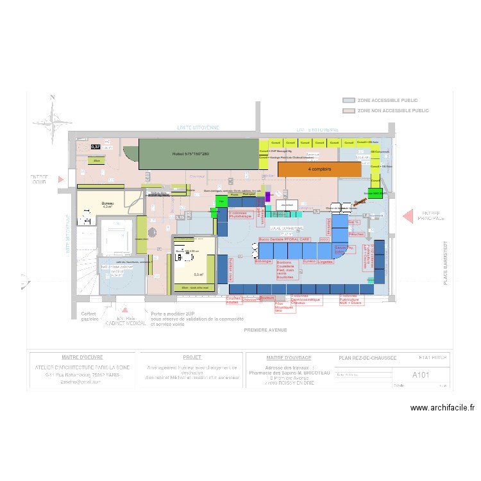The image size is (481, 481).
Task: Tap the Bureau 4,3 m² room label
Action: point(107,205)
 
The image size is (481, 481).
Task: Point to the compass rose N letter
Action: point(53,97)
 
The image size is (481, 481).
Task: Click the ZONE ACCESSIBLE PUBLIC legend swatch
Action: point(349,101)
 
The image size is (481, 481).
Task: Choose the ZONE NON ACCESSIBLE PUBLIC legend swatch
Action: point(349,111)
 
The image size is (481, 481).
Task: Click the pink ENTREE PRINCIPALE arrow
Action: point(407,217)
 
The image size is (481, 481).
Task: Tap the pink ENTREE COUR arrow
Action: point(62,180)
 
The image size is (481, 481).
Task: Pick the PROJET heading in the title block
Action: point(192,357)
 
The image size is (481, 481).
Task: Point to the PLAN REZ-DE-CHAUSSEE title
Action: point(367,358)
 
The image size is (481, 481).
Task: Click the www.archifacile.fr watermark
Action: point(443,407)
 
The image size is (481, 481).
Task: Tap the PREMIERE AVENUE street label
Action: point(266,330)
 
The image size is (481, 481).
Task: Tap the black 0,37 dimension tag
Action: point(96,147)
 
